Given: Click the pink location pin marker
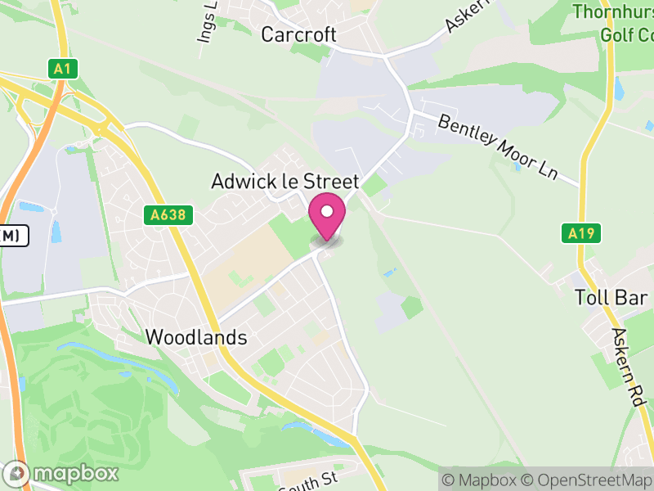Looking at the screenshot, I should point(327,218).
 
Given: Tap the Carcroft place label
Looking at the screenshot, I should point(298,34).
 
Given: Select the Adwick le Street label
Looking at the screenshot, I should point(284,181).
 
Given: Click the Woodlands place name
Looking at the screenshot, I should point(196,337).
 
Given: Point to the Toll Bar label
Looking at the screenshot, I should point(611,297).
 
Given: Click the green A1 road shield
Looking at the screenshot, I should point(62,69).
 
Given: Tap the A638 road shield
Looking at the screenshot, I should point(167,215).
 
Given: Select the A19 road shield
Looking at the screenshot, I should point(582,233).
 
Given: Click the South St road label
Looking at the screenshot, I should point(307,481).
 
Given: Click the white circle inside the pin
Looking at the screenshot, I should point(327,212).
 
